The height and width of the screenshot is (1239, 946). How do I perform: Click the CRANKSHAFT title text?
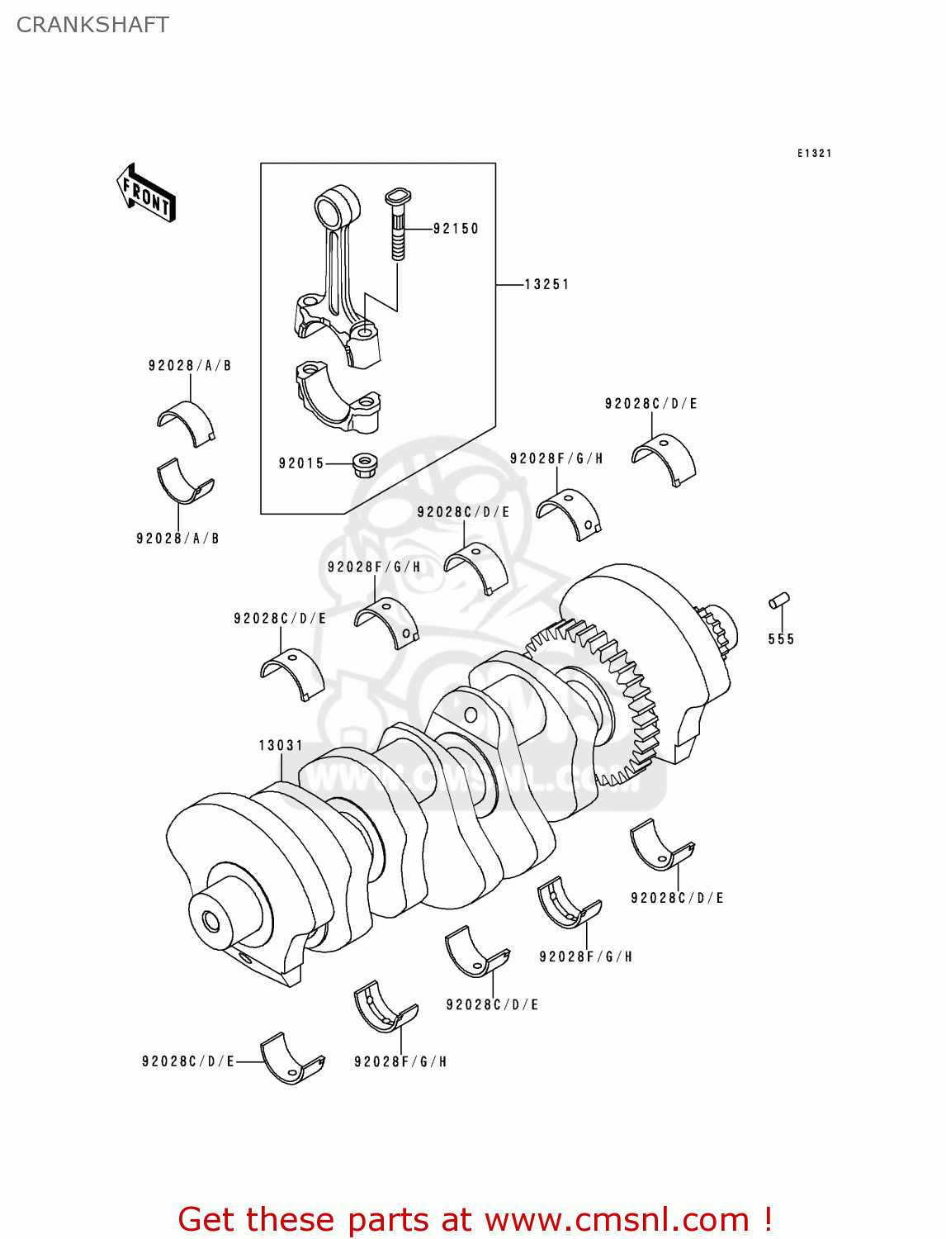92,25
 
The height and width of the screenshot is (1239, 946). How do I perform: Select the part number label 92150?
456,229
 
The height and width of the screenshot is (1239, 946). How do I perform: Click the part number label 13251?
546,284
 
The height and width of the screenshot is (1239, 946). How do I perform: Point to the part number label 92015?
301,463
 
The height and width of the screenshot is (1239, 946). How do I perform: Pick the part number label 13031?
281,745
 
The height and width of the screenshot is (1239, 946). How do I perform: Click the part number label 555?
781,638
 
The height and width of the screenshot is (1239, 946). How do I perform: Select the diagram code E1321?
814,153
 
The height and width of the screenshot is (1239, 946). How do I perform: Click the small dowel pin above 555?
779,601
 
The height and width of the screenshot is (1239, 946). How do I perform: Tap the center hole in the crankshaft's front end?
210,919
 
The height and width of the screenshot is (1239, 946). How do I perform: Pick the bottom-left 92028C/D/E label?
188,1061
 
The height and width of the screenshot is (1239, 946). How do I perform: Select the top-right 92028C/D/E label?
650,404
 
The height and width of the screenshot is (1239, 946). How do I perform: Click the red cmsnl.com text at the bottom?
475,1219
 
